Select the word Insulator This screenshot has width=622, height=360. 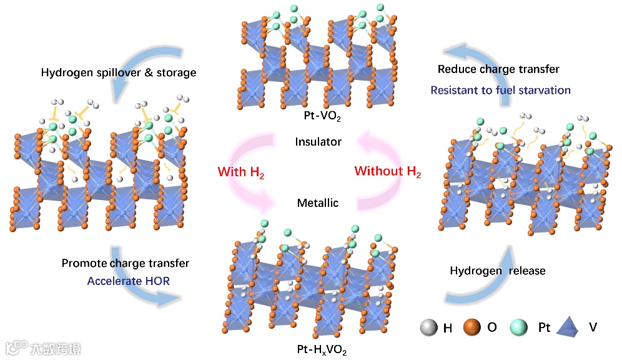click(318, 142)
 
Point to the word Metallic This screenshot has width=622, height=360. click(318, 202)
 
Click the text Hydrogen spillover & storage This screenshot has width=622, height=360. click(119, 73)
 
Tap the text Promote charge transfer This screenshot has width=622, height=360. click(126, 263)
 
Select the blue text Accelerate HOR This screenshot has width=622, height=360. click(129, 281)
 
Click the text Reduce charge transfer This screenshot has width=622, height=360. click(498, 69)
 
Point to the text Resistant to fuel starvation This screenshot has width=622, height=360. click(500, 90)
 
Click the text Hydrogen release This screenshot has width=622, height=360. click(498, 271)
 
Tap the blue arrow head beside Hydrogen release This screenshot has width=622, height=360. click(505, 253)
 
